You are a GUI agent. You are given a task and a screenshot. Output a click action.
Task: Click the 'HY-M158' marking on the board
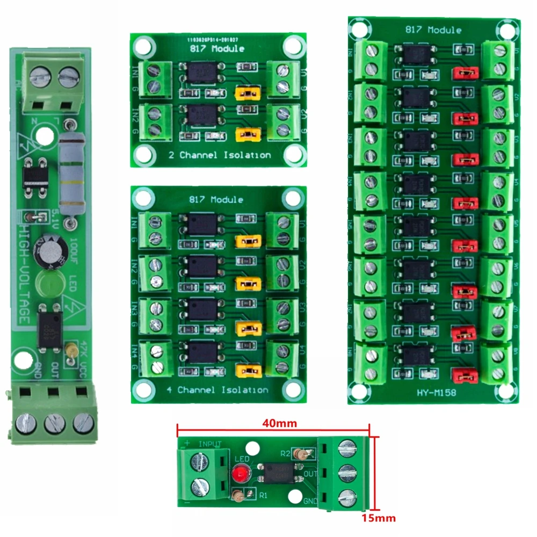tap(436, 393)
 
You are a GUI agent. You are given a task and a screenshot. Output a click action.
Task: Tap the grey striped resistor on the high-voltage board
tap(70, 171)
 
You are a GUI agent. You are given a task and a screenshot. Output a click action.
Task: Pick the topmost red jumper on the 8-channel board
tap(465, 73)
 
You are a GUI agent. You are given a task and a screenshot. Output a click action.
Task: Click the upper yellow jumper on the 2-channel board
tap(247, 95)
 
